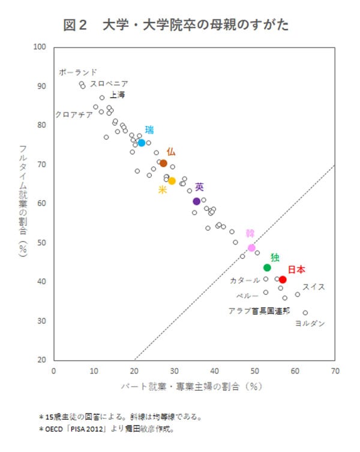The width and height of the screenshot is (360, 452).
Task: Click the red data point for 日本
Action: [x=283, y=280]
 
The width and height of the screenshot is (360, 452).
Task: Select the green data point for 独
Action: [x=267, y=267]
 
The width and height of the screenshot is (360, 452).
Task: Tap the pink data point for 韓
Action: [x=251, y=248]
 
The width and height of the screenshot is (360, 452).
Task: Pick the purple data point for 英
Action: [x=197, y=201]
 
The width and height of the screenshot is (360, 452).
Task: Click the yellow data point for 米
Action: [x=172, y=181]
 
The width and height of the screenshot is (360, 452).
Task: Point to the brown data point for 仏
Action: [x=163, y=163]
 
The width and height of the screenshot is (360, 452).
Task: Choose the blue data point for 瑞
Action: [x=142, y=143]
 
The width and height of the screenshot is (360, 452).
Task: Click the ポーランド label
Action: [x=78, y=73]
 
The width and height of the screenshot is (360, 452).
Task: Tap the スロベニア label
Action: [x=109, y=84]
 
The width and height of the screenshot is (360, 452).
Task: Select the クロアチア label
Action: [x=74, y=114]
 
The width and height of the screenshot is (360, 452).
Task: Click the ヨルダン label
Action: [x=310, y=324]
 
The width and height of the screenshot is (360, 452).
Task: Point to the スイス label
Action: [x=313, y=287]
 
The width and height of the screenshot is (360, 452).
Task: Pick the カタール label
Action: [x=245, y=280]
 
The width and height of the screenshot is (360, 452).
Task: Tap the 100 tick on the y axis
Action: [x=41, y=47]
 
